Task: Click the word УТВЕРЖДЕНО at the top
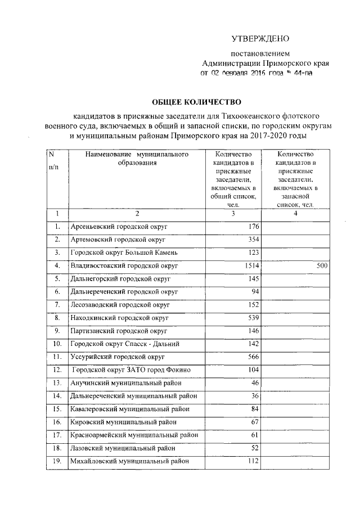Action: (260, 39)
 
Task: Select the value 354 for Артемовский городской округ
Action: (251, 240)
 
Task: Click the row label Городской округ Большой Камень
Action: (124, 253)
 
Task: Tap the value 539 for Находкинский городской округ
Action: (251, 318)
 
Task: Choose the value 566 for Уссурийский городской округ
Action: (251, 357)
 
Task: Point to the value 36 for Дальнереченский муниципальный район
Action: (254, 396)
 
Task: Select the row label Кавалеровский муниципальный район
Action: (129, 409)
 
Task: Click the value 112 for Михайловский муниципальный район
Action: (251, 461)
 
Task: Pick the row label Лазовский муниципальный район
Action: (122, 448)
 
